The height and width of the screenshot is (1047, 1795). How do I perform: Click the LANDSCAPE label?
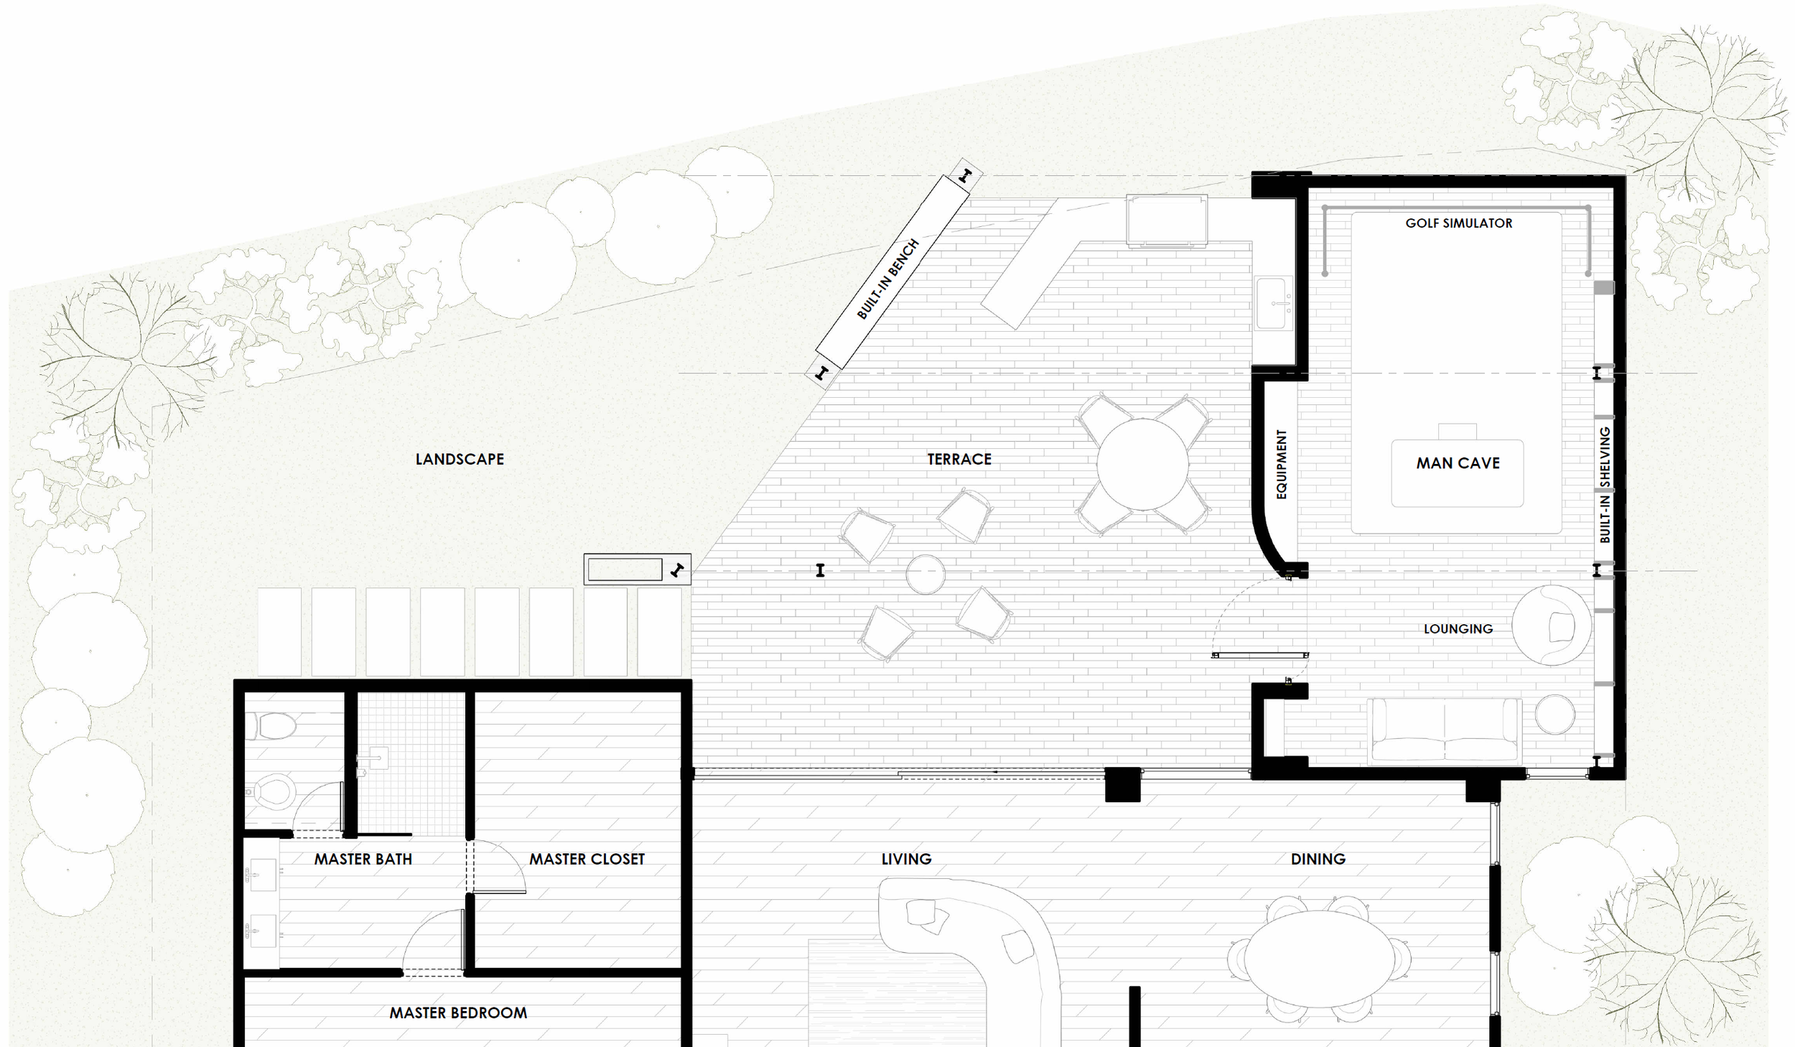click(460, 459)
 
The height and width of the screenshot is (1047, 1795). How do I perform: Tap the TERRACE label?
click(959, 459)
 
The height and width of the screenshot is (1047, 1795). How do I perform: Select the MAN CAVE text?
click(1458, 463)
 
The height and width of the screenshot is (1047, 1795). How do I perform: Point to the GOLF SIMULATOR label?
click(1459, 223)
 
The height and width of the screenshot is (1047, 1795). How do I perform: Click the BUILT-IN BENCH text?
click(888, 279)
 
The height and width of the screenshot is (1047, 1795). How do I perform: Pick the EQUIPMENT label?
click(1282, 464)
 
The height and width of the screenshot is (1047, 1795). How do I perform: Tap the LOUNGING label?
click(1458, 629)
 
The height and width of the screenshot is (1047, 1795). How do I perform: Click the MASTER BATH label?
click(363, 859)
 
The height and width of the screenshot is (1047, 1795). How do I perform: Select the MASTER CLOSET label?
click(587, 859)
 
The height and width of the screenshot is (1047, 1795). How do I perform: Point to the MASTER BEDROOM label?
click(458, 1013)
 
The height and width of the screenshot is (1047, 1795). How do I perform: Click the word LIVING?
click(906, 859)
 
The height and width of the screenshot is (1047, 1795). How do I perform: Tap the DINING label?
click(1318, 859)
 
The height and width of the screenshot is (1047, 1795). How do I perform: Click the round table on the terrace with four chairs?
click(1142, 465)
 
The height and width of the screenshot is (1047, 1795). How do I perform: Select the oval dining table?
click(1319, 959)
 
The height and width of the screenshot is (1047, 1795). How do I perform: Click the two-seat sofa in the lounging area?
click(1445, 730)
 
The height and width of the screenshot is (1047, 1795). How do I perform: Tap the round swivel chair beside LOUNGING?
click(1551, 625)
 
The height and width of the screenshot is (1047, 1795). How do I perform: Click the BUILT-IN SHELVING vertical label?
click(1604, 485)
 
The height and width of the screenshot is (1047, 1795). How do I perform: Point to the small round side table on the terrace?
click(926, 574)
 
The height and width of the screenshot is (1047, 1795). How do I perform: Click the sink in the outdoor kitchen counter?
click(1273, 304)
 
